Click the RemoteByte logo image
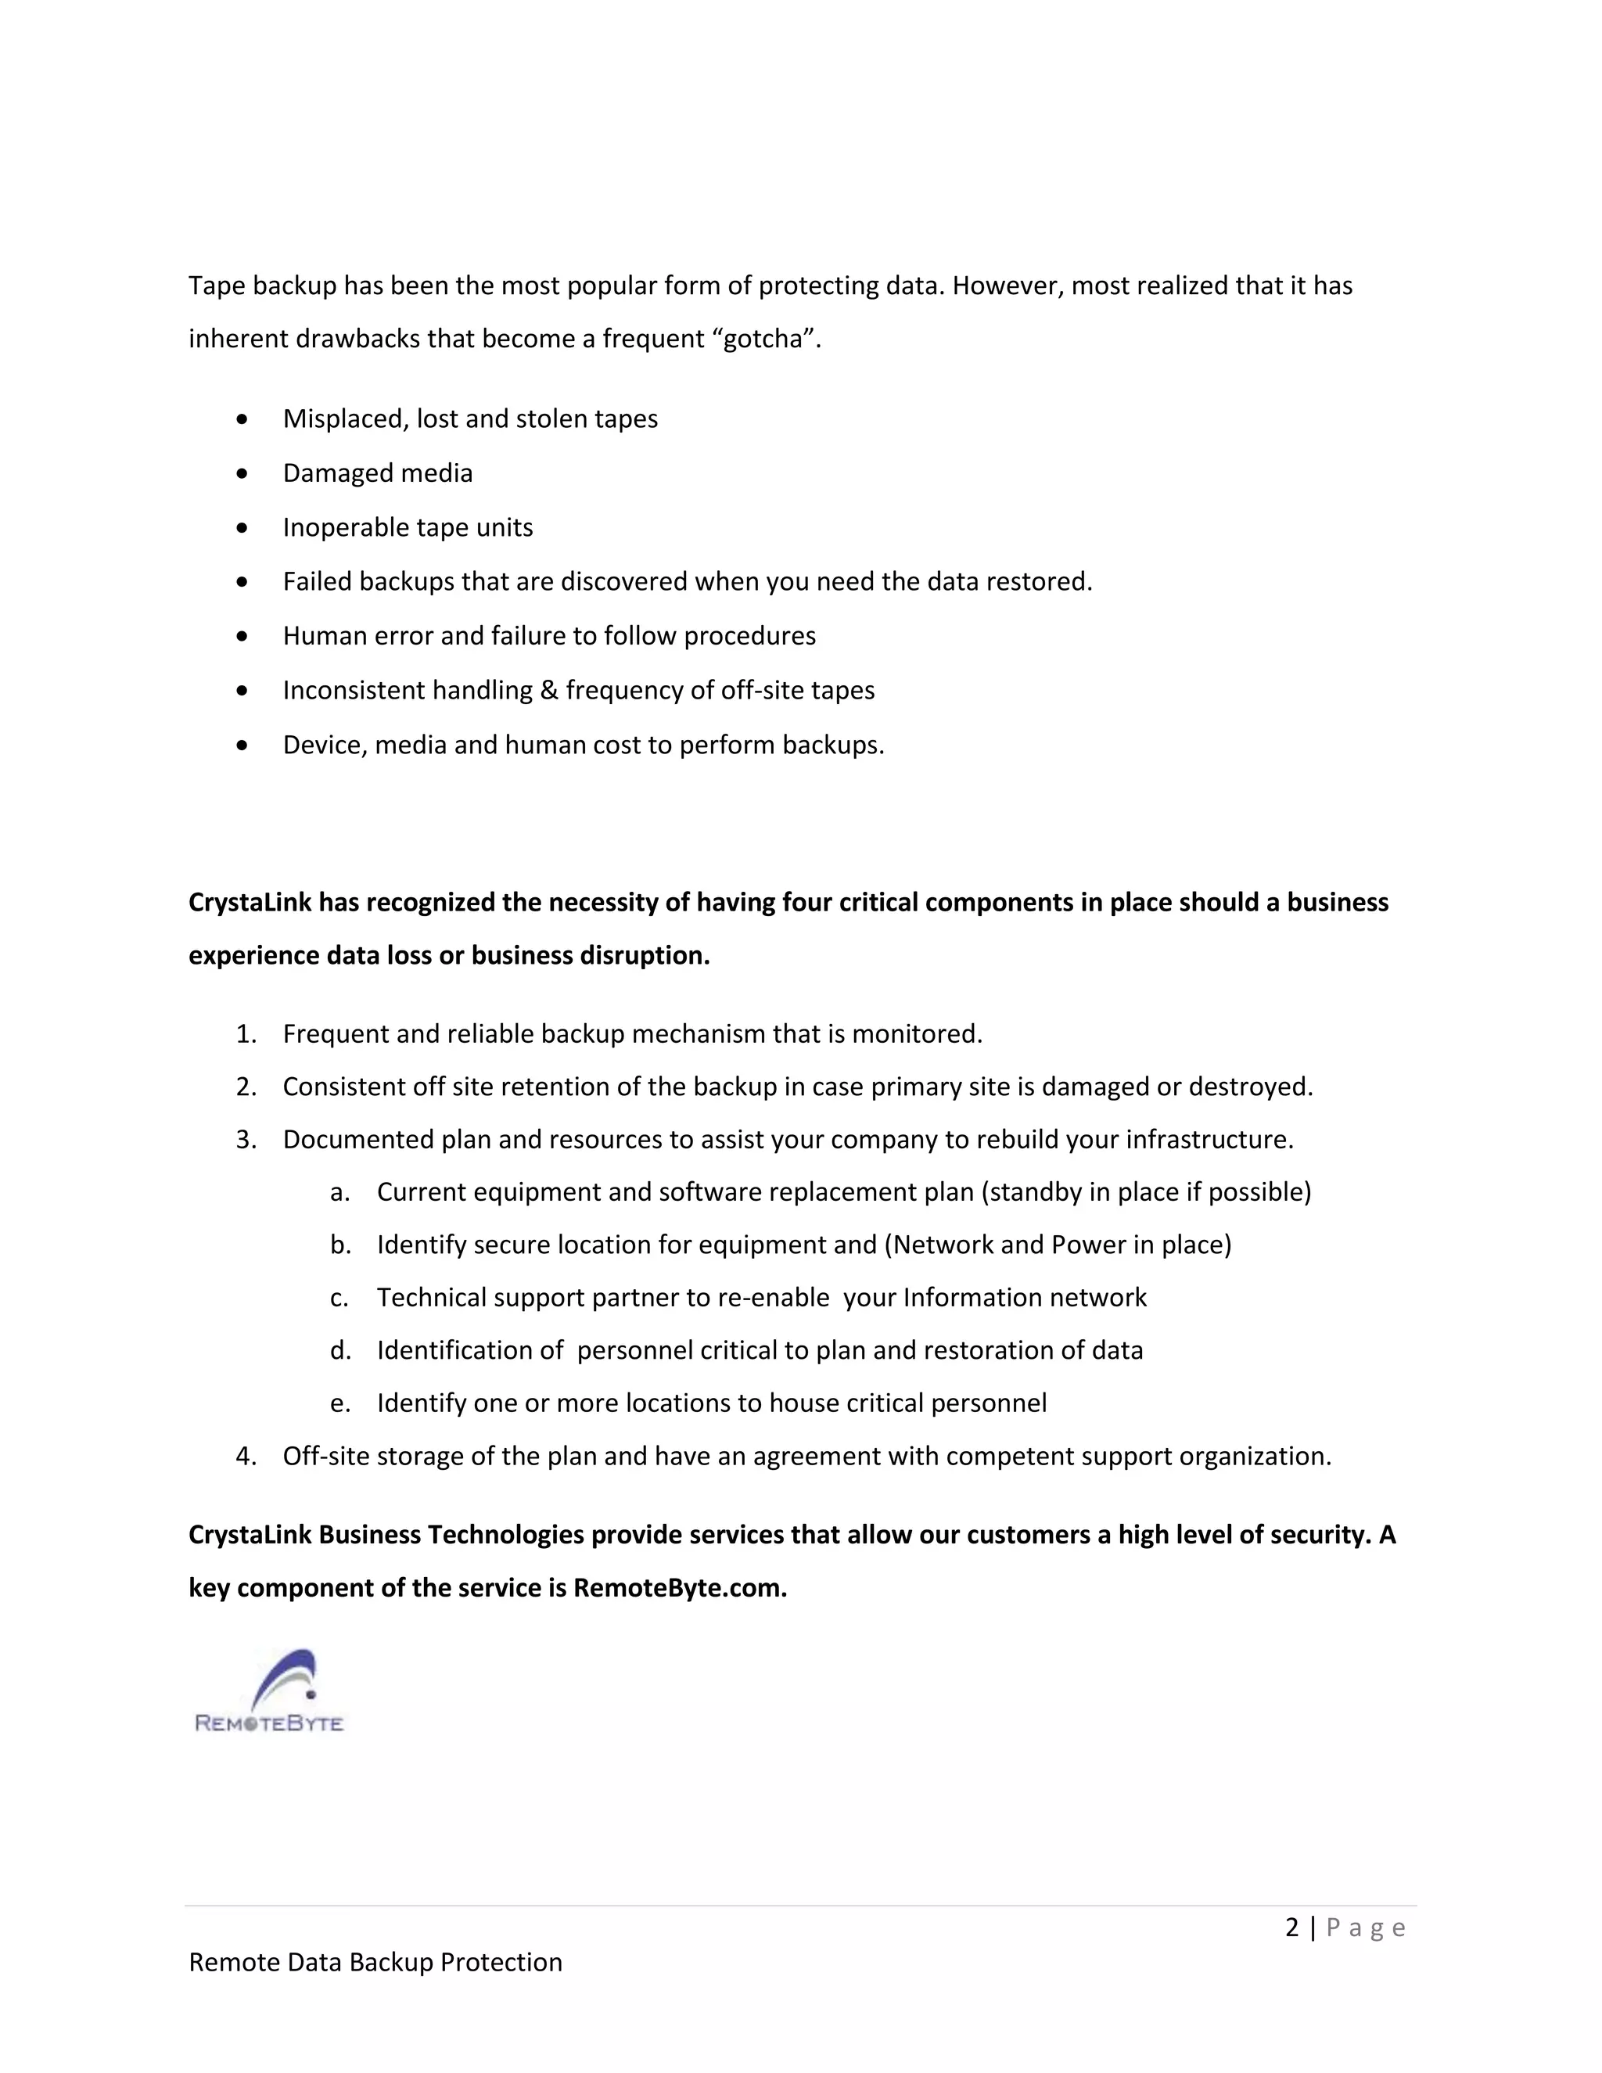[x=268, y=1691]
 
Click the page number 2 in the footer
[x=1291, y=1927]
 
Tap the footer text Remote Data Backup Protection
[x=375, y=1962]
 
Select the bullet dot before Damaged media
[x=243, y=472]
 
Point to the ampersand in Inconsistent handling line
[x=548, y=690]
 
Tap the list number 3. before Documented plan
[x=246, y=1139]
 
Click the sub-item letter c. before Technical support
[x=339, y=1298]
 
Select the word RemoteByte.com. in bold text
[x=680, y=1588]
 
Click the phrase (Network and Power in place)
[x=1058, y=1245]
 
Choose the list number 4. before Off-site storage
[x=246, y=1456]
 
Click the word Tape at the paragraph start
[x=215, y=286]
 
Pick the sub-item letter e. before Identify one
[x=339, y=1403]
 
